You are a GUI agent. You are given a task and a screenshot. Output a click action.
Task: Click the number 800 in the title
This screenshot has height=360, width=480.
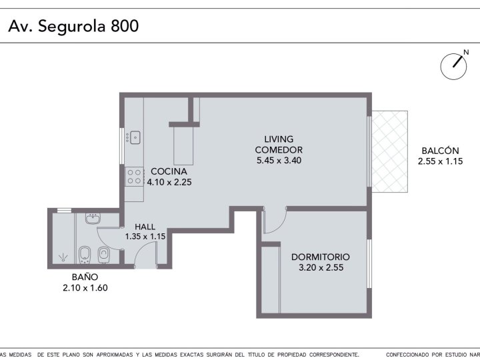[125, 26]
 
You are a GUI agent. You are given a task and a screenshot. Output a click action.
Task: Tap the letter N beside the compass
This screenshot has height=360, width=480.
[466, 53]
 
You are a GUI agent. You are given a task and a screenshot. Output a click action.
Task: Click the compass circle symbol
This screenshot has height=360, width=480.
[453, 67]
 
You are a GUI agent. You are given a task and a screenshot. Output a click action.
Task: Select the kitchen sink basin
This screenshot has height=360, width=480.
[135, 137]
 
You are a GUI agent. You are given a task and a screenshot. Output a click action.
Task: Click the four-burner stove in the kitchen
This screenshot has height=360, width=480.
[134, 177]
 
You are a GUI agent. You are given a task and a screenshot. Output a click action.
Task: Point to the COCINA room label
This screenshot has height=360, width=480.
[169, 171]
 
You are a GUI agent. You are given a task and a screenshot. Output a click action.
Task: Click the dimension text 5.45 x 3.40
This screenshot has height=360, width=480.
[279, 161]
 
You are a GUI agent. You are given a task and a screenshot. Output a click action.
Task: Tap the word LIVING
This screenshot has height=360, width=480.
[279, 139]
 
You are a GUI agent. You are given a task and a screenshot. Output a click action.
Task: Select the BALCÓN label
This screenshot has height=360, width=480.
[440, 151]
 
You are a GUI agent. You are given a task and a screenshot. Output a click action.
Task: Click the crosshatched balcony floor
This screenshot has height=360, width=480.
[390, 151]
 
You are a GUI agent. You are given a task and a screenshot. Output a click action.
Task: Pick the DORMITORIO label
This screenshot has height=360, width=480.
[321, 257]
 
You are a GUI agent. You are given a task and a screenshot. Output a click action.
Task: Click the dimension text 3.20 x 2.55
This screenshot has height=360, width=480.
[321, 267]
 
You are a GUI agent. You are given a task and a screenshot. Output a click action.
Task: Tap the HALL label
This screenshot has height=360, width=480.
[145, 227]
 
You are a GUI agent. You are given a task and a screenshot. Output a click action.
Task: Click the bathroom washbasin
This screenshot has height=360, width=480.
[93, 219]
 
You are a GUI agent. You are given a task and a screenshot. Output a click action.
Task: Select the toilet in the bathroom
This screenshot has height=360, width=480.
[104, 255]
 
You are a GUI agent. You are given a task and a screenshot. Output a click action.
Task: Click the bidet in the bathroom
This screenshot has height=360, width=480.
[84, 255]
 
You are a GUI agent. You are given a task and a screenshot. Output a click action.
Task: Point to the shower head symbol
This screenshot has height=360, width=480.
[63, 257]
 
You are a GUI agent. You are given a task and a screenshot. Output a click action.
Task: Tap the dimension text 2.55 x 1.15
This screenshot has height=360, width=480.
[440, 161]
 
